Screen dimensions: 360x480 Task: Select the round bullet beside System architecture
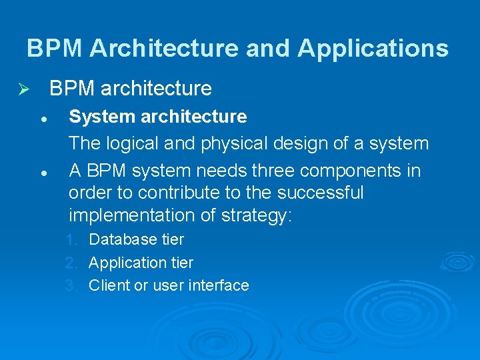pyautogui.click(x=43, y=118)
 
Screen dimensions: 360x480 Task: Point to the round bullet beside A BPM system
pyautogui.click(x=43, y=172)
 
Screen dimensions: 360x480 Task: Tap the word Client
pyautogui.click(x=108, y=286)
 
